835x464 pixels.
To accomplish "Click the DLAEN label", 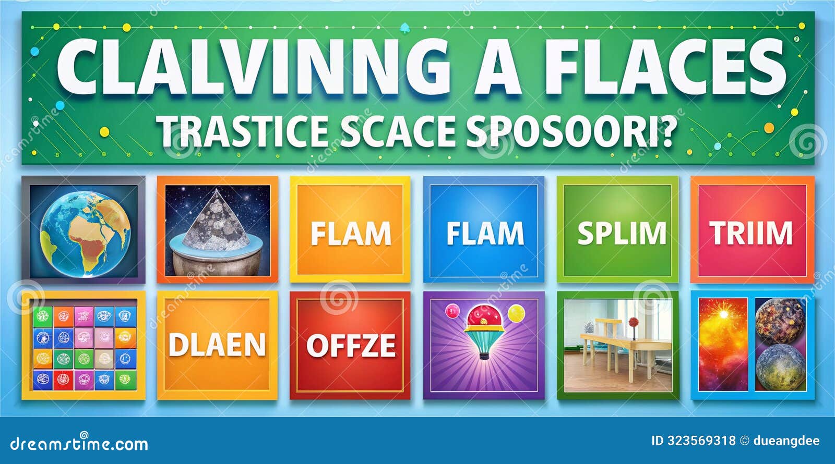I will click(217, 345).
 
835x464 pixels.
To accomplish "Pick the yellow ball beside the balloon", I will click(516, 313).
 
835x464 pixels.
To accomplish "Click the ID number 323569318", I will click(701, 441).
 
